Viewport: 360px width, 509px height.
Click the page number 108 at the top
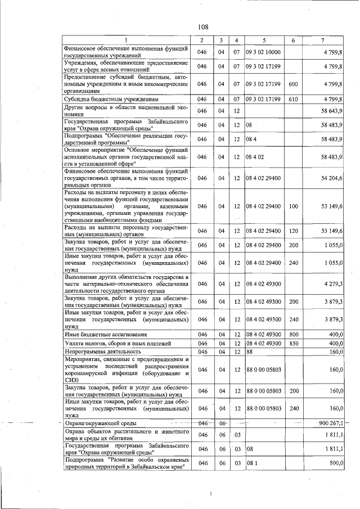click(203, 27)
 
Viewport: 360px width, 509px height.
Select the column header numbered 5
click(264, 40)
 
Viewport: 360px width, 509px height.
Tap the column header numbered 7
click(322, 40)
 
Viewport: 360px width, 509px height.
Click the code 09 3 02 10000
click(263, 52)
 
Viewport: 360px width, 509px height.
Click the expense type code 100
click(292, 207)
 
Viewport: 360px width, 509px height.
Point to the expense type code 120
click(292, 231)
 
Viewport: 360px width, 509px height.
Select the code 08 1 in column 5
click(251, 463)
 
